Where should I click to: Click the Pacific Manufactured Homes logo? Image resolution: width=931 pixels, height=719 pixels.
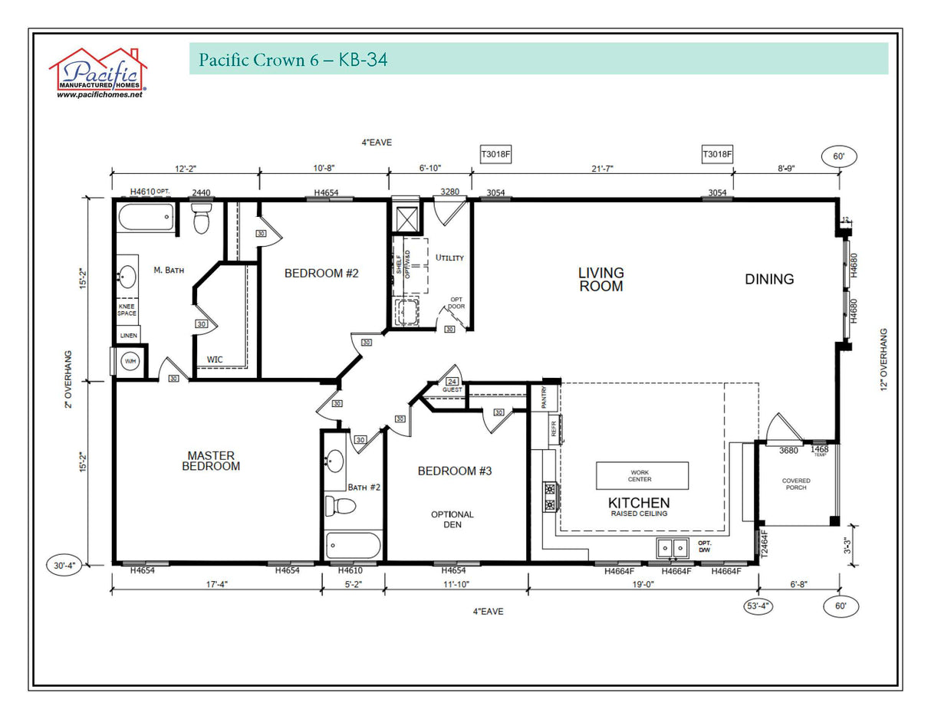[x=97, y=73]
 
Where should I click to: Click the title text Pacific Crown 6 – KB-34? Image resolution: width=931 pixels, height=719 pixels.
[x=292, y=60]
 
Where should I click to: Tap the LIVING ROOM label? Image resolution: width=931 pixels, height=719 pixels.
[x=600, y=279]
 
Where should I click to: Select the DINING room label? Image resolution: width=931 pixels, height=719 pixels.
[x=769, y=279]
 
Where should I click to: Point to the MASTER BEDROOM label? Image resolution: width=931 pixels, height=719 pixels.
[x=211, y=461]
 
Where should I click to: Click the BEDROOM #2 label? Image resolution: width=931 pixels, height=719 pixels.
[x=321, y=273]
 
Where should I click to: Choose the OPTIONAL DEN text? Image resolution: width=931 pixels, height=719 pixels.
[x=452, y=520]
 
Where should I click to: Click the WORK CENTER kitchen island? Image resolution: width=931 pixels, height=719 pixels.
[x=642, y=475]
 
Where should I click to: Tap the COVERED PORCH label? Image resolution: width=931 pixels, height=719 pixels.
[x=796, y=484]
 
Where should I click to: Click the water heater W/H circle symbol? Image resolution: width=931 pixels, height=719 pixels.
[x=130, y=361]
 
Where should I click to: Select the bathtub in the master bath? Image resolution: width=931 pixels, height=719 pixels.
[x=146, y=217]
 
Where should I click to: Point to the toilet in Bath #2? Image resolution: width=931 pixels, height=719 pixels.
[x=340, y=506]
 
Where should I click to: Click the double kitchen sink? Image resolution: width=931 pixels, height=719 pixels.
[x=673, y=548]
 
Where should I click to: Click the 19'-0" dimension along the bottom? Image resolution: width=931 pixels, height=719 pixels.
[x=643, y=584]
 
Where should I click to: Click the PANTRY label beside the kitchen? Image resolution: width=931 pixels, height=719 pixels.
[x=544, y=398]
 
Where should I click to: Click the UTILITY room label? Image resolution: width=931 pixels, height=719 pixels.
[x=449, y=258]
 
